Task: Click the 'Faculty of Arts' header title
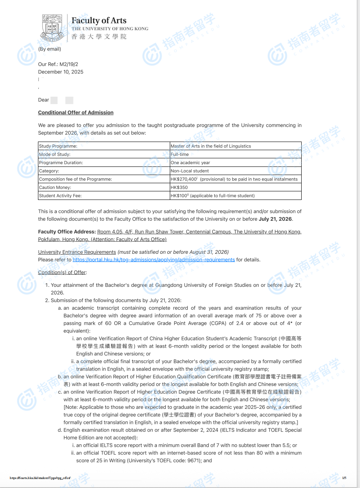(x=99, y=20)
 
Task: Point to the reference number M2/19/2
(x=69, y=64)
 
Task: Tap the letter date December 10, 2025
(x=60, y=72)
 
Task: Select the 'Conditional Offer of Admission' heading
(x=76, y=112)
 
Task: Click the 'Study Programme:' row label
(x=58, y=146)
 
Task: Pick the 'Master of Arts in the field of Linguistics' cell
(x=211, y=146)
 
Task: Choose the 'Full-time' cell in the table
(x=180, y=154)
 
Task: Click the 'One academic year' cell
(x=190, y=162)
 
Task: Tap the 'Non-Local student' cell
(x=189, y=171)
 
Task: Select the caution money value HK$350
(x=179, y=187)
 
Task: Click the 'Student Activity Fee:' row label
(x=60, y=196)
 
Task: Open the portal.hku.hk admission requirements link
(x=153, y=260)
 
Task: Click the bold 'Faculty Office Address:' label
(x=67, y=232)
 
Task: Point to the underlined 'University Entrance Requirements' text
(x=77, y=252)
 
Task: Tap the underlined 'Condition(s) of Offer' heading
(x=62, y=272)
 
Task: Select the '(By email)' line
(x=49, y=49)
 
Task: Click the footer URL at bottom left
(x=40, y=478)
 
